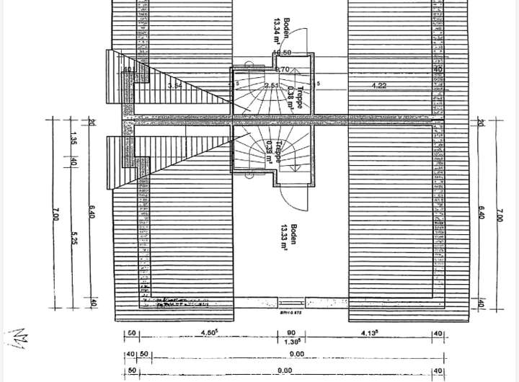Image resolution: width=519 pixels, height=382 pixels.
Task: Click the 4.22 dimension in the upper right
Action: point(379,86)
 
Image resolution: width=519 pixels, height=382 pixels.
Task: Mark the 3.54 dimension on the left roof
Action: point(174,86)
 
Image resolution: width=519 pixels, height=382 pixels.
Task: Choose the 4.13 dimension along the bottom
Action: point(374,332)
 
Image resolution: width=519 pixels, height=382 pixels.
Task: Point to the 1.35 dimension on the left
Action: point(74,138)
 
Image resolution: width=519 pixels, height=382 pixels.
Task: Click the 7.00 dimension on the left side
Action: point(55,213)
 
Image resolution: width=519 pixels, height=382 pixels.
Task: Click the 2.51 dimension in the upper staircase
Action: point(271,86)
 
